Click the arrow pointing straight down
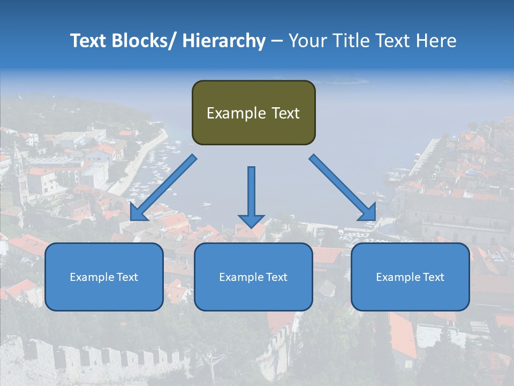point(251,196)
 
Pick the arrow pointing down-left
point(163,188)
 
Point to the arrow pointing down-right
point(343,188)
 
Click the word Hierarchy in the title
point(224,41)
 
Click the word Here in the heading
point(436,41)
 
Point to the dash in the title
point(276,41)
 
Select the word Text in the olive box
point(285,113)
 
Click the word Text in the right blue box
point(433,277)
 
